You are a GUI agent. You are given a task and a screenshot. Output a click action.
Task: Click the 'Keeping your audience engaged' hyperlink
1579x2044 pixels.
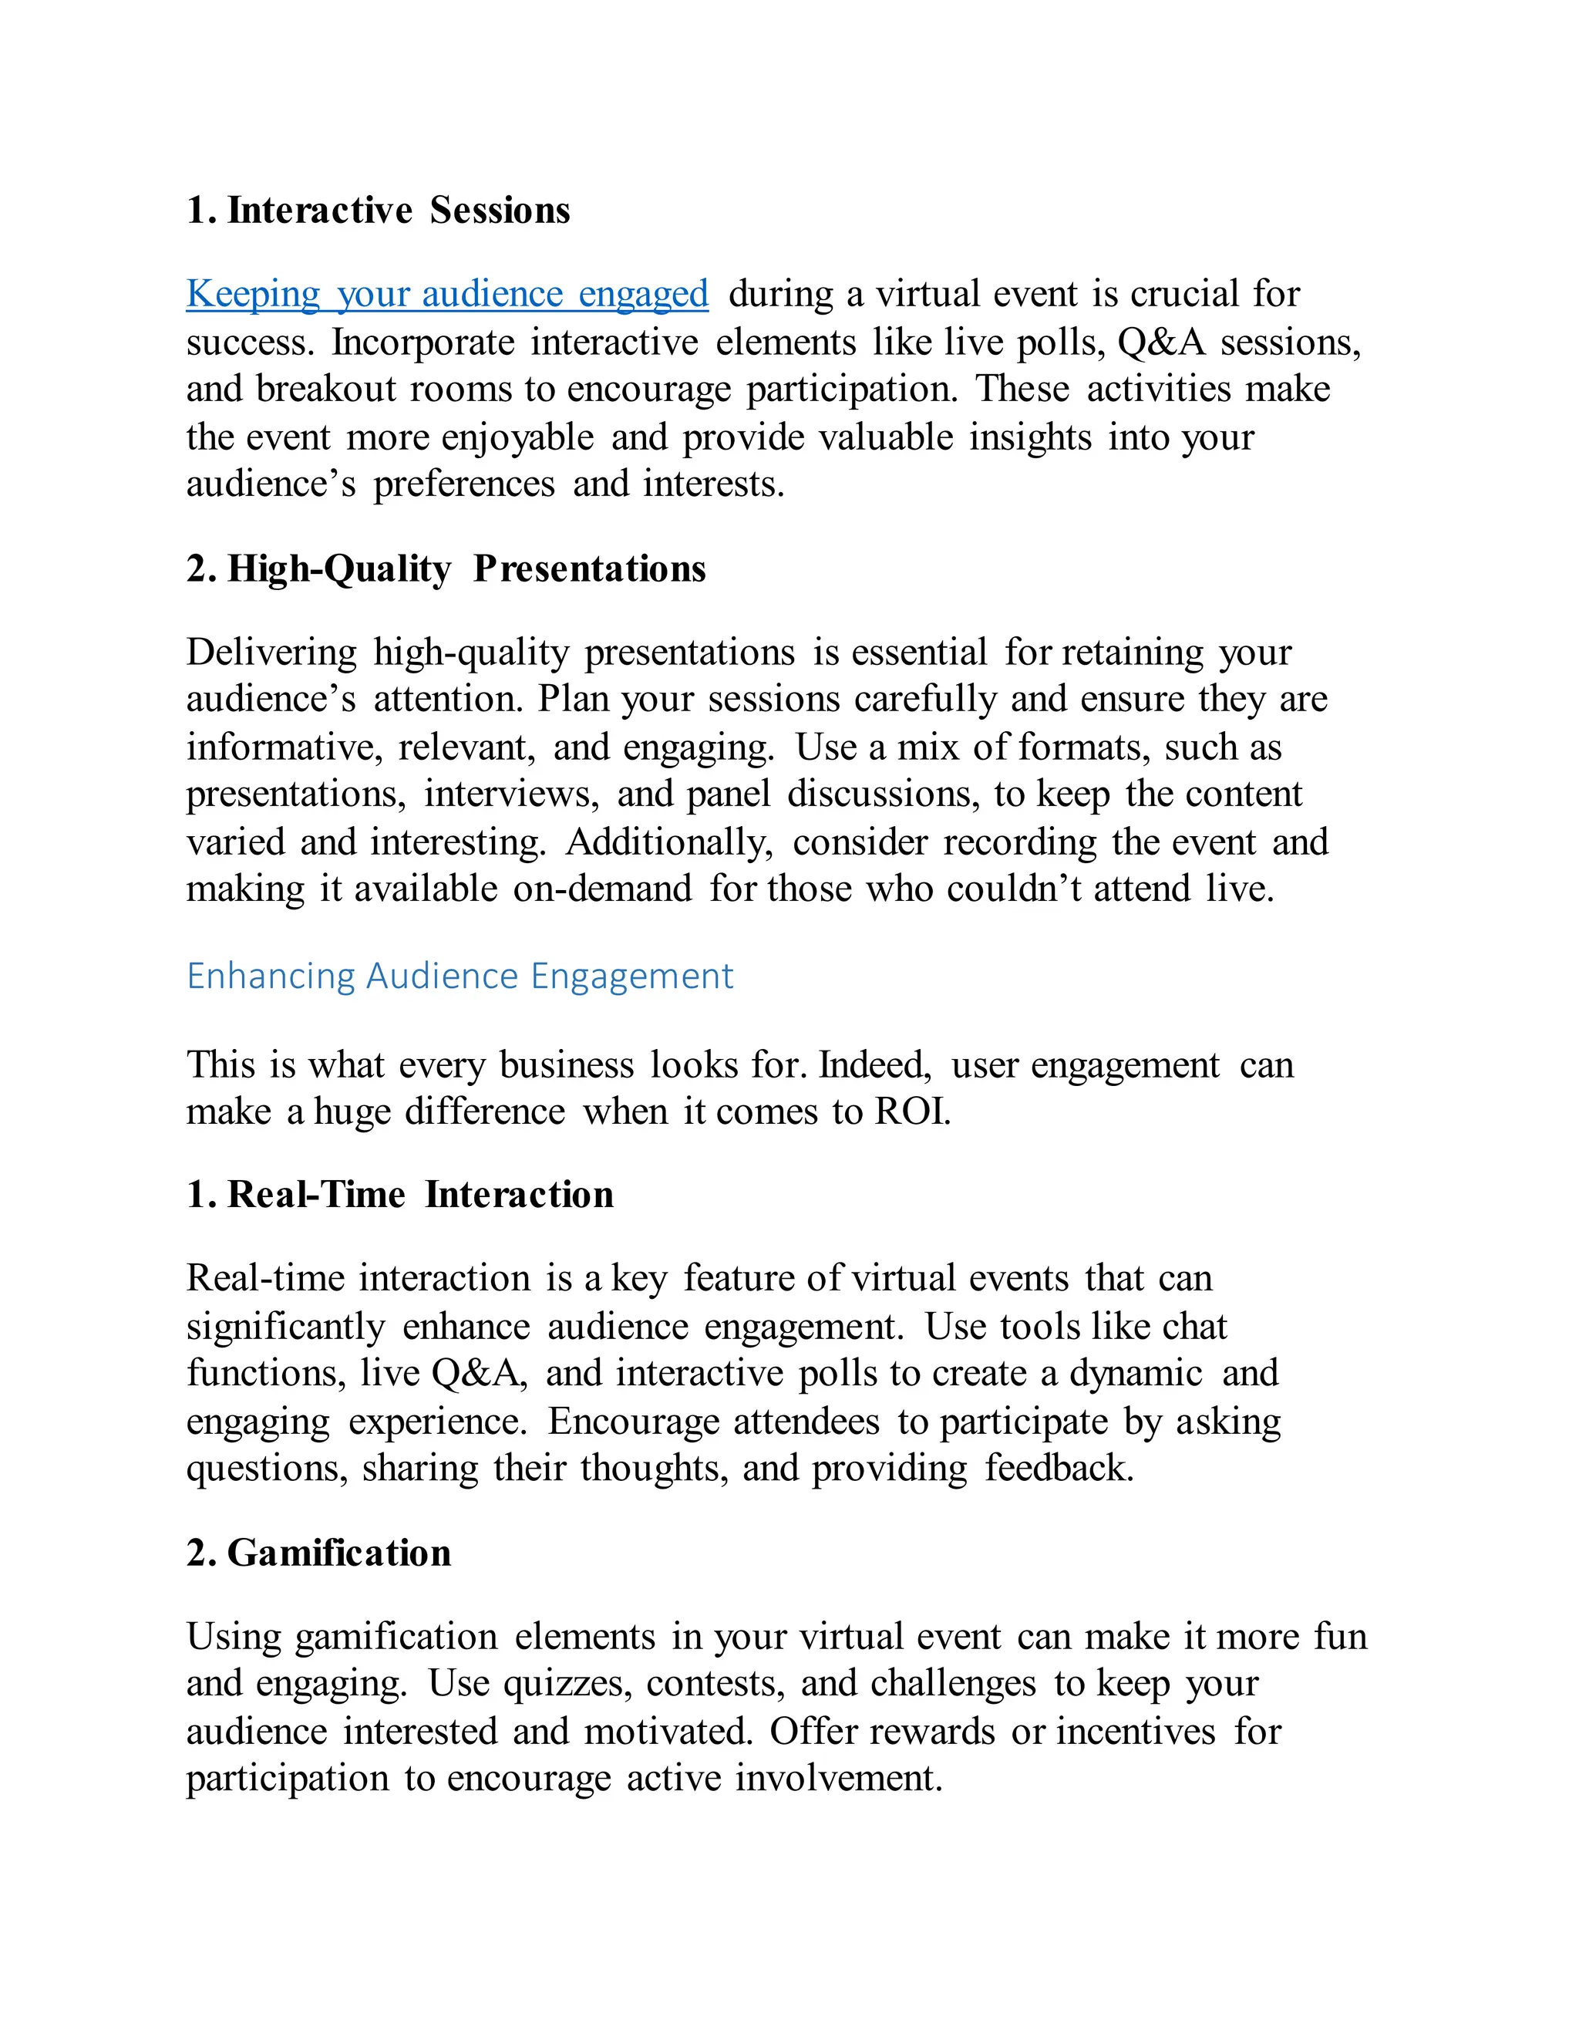click(447, 294)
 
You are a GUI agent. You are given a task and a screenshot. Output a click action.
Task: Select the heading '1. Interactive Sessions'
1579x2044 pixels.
click(378, 211)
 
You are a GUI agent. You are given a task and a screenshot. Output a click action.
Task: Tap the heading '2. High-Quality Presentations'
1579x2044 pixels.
click(446, 569)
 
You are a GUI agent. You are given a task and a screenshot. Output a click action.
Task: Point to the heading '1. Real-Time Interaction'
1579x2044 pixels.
click(399, 1195)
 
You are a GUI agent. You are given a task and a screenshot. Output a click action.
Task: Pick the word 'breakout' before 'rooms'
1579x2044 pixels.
click(326, 390)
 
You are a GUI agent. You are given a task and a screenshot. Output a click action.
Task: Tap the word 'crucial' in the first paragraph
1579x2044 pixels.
click(1183, 294)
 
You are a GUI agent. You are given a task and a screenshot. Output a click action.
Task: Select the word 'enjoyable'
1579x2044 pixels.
click(517, 438)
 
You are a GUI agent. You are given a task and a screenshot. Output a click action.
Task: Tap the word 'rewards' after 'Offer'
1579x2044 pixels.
click(931, 1732)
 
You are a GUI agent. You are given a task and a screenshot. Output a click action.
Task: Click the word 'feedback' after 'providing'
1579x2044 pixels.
click(1058, 1469)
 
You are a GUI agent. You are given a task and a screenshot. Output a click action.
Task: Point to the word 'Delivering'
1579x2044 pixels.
click(271, 653)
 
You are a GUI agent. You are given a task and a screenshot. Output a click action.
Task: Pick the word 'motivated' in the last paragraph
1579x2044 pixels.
click(668, 1732)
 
